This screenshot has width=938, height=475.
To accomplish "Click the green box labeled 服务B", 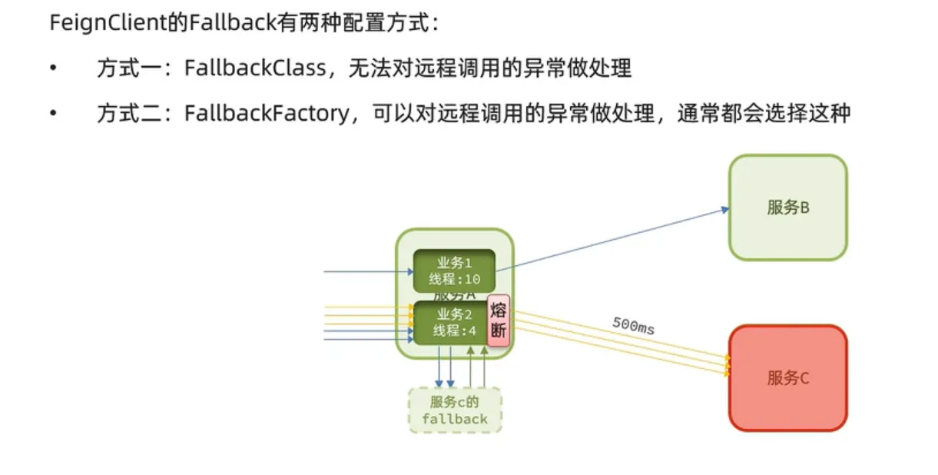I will click(787, 208).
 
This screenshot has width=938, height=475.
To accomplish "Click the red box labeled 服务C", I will click(787, 377).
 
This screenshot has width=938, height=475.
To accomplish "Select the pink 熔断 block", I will click(499, 321).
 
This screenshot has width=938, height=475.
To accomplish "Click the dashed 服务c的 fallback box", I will click(455, 410).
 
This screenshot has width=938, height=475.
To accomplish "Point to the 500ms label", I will click(633, 325).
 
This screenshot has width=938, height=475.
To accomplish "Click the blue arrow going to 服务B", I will click(615, 238).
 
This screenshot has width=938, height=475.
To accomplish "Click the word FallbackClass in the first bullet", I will click(254, 68).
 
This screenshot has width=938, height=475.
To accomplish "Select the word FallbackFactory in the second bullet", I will click(266, 113).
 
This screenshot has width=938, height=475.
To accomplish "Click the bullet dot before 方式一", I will click(53, 68).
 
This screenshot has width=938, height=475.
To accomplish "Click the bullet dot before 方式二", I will click(53, 113).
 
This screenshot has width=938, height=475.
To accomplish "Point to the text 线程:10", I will click(454, 280).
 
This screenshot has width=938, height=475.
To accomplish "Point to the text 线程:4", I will click(455, 331).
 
